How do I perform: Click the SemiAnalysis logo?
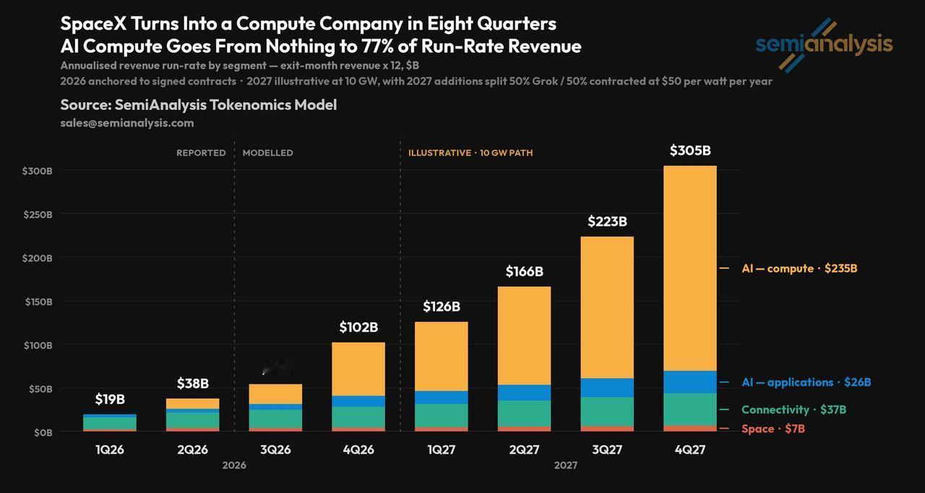[824, 46]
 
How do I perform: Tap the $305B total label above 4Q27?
[690, 150]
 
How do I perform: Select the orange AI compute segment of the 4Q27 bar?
[690, 268]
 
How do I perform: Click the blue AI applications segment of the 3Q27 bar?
[607, 387]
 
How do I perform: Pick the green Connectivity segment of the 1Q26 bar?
[110, 423]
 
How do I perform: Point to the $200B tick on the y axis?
[38, 259]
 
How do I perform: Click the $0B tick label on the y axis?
[43, 433]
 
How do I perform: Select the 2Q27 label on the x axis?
[524, 449]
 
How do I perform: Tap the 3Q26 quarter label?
[275, 449]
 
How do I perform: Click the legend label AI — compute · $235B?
[799, 268]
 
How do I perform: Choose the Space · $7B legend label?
[773, 429]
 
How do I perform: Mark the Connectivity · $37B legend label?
[793, 410]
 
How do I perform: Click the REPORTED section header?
[201, 153]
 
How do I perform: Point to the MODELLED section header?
[267, 153]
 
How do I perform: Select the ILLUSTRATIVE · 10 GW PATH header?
[470, 153]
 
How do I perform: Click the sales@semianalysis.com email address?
[127, 123]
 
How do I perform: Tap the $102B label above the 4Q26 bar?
[358, 327]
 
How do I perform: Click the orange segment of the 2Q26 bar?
[193, 403]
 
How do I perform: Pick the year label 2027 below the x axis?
[565, 466]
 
